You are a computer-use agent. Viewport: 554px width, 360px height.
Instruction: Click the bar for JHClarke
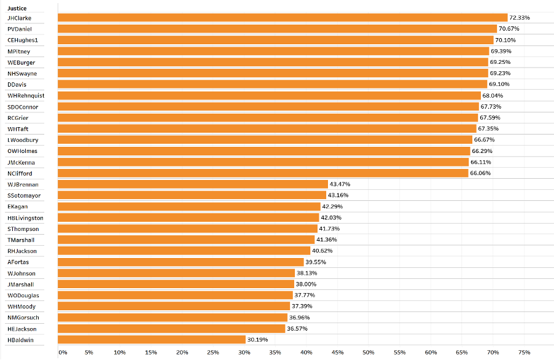click(x=283, y=18)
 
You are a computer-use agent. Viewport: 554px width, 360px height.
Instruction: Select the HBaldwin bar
click(x=152, y=340)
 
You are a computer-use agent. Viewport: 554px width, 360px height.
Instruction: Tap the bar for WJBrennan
click(x=193, y=184)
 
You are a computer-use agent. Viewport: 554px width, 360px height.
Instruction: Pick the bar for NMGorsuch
click(x=173, y=318)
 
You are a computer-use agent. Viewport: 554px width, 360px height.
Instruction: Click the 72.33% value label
click(x=519, y=18)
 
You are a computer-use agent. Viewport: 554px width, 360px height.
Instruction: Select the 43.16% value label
click(x=338, y=195)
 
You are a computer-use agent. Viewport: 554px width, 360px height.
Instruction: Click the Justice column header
click(x=17, y=8)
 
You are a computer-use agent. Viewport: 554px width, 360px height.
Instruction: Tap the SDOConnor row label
click(x=23, y=107)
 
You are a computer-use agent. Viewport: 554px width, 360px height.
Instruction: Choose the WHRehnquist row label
click(x=26, y=96)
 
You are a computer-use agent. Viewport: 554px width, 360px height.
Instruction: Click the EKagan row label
click(x=17, y=206)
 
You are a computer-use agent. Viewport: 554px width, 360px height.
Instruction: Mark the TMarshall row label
click(x=21, y=240)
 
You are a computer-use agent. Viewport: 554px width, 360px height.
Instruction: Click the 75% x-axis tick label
click(x=524, y=352)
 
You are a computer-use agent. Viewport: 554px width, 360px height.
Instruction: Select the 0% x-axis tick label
click(x=62, y=352)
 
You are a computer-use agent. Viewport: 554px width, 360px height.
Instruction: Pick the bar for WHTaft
click(x=267, y=129)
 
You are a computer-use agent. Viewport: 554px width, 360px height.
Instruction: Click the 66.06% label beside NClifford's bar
click(x=480, y=173)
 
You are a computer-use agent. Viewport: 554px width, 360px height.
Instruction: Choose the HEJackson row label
click(x=22, y=329)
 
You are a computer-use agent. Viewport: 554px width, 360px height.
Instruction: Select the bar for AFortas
click(x=181, y=262)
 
